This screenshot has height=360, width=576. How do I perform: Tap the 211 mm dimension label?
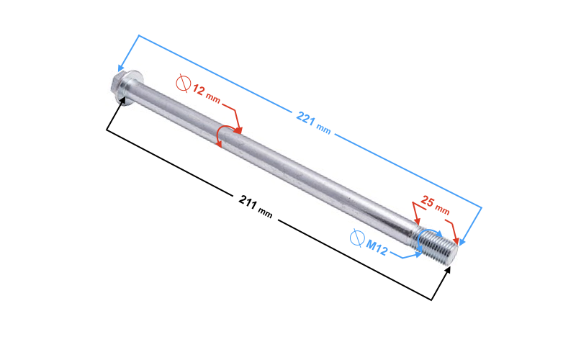(x=255, y=205)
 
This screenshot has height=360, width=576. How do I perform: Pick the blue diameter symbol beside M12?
(x=356, y=237)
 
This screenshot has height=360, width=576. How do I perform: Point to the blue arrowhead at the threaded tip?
(x=463, y=241)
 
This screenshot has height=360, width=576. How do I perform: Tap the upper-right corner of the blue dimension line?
(x=481, y=208)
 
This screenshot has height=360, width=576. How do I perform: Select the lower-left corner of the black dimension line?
(x=107, y=130)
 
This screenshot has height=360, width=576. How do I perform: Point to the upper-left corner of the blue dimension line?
(x=137, y=35)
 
